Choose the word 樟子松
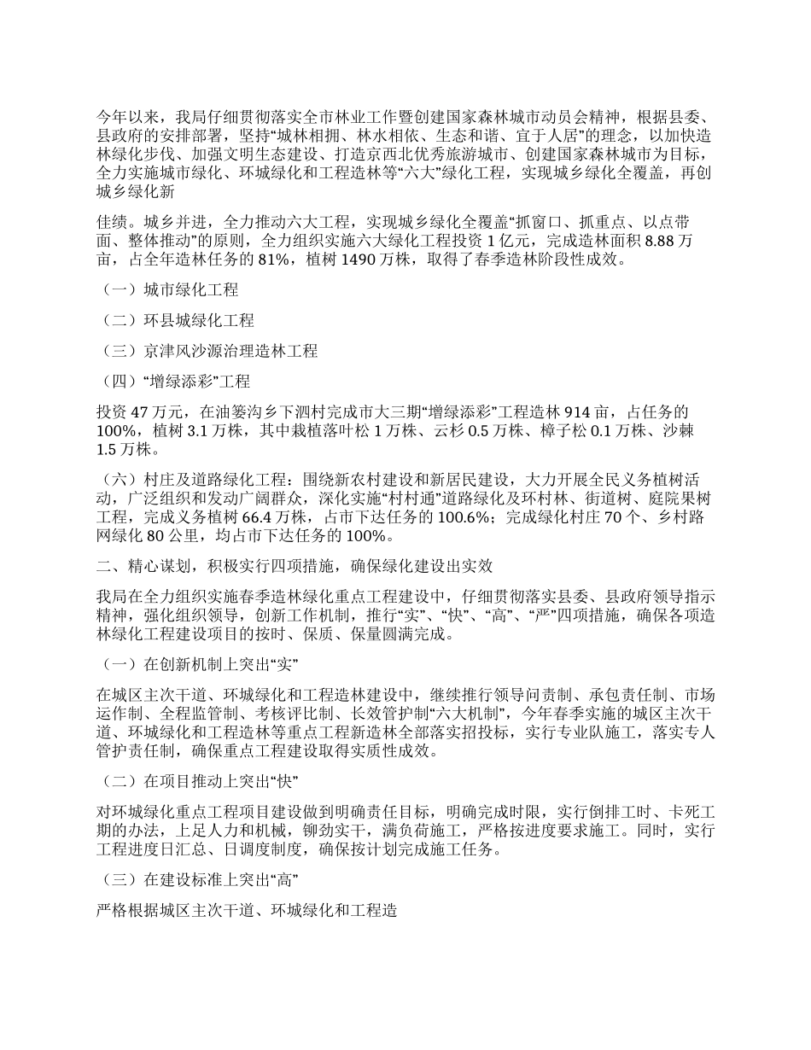point(564,430)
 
